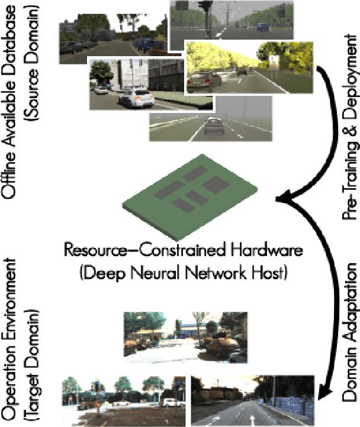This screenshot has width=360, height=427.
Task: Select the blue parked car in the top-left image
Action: [x=144, y=44]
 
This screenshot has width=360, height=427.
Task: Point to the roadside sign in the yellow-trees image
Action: [x=274, y=62]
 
